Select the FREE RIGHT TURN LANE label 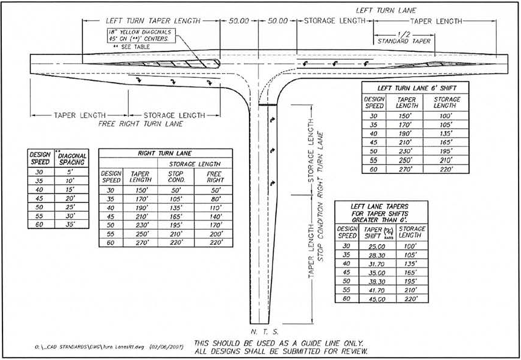[x=141, y=123]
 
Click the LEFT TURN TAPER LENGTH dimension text [x=152, y=20]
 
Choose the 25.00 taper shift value [x=376, y=246]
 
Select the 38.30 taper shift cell [x=376, y=281]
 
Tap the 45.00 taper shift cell [x=376, y=299]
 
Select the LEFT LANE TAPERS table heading [x=380, y=213]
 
